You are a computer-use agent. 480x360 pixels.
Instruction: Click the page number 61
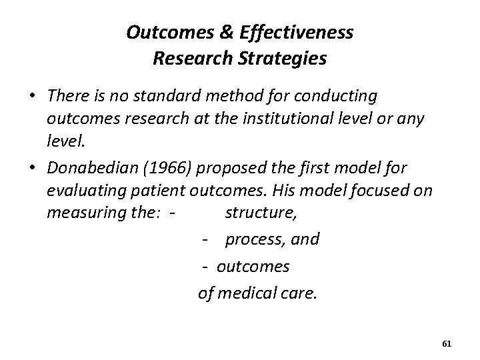(x=447, y=344)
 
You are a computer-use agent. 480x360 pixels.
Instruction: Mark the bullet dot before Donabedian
(x=31, y=167)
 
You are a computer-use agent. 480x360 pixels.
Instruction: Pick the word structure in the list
(x=254, y=213)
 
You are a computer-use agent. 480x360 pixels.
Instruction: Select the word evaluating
(x=85, y=191)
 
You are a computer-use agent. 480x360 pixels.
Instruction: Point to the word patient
(x=158, y=191)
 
